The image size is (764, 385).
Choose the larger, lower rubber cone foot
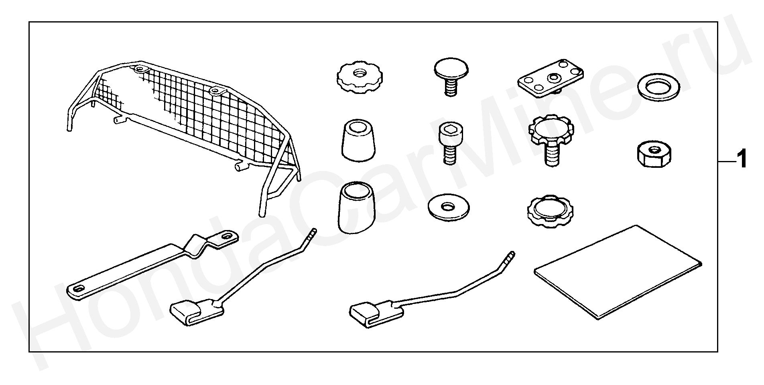(x=358, y=208)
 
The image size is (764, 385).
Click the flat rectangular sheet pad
(x=618, y=272)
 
